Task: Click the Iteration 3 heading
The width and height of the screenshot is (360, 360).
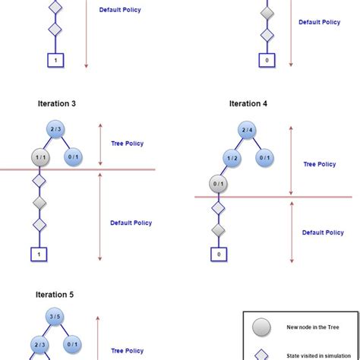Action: (x=56, y=103)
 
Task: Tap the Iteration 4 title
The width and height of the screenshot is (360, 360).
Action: (x=248, y=103)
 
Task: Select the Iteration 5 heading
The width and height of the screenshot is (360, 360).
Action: (x=55, y=294)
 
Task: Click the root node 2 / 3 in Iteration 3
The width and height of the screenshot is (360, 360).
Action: (x=56, y=130)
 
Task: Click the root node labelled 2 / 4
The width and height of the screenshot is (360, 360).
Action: (x=248, y=130)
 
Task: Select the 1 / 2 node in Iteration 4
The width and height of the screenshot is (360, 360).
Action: (x=231, y=157)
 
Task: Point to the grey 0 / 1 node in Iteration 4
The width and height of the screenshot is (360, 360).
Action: (x=219, y=183)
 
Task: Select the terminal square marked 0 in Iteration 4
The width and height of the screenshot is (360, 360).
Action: (x=219, y=255)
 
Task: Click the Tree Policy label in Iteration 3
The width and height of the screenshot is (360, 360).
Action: (x=127, y=143)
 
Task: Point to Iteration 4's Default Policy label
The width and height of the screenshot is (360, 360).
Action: (x=322, y=232)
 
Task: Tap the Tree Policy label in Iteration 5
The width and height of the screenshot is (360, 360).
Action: (x=127, y=350)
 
